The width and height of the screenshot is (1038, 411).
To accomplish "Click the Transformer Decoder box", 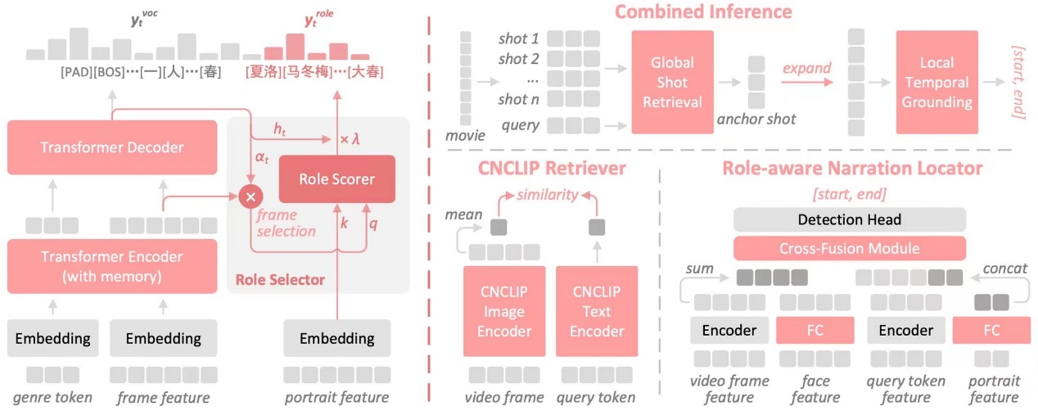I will click(x=112, y=147).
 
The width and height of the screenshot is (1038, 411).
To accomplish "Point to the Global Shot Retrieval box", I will click(x=672, y=82).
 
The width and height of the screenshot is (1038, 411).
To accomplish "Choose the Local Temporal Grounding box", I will click(x=936, y=82).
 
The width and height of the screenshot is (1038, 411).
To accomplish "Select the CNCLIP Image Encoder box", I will click(x=503, y=311).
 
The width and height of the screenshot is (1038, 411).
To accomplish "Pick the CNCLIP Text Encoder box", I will click(x=596, y=311).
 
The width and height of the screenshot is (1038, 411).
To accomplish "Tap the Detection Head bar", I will click(x=850, y=219).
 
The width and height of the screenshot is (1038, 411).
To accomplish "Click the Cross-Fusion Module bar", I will click(x=850, y=248).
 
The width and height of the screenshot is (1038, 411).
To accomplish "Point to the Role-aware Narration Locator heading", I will click(x=851, y=169).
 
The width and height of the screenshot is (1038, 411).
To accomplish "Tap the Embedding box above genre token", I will click(x=54, y=338).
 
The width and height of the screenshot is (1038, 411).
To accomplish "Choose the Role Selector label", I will click(x=280, y=280).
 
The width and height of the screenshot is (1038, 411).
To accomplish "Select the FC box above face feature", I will click(x=815, y=330).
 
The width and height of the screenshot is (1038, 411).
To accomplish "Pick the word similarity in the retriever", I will click(x=546, y=195).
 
